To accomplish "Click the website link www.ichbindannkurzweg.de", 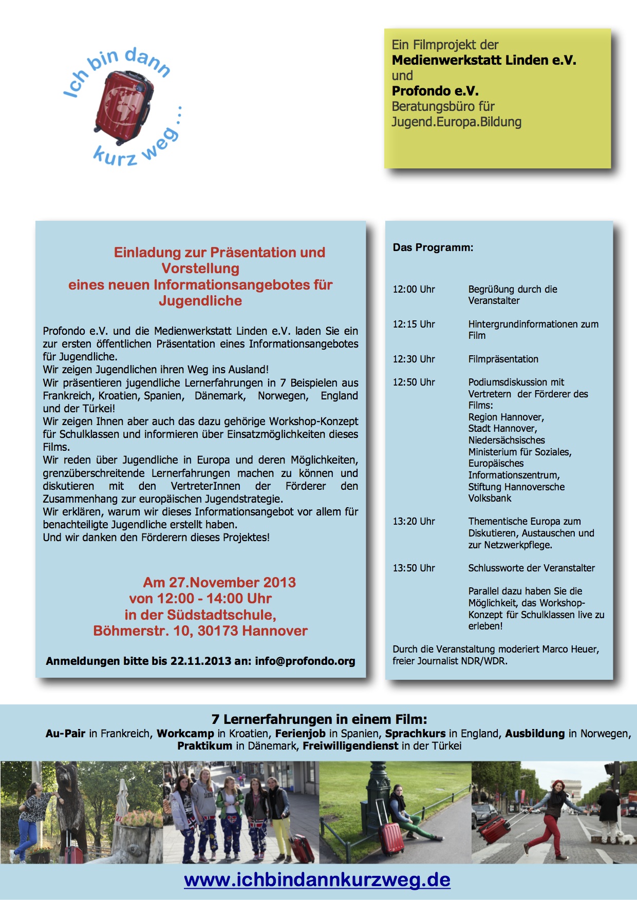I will point(317,879).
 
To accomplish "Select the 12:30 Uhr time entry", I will point(414,359).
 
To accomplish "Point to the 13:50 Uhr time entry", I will point(414,568).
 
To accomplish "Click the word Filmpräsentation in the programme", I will point(503,359).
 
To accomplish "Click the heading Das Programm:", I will point(433,247).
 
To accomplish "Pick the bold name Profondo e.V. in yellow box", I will point(435,91).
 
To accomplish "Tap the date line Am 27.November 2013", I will point(219,582).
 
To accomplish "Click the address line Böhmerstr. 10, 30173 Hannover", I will point(200,630).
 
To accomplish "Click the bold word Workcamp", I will point(185,733).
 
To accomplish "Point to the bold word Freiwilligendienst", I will point(350,745).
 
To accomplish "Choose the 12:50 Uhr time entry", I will point(414,382).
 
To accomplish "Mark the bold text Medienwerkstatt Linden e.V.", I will point(484,60).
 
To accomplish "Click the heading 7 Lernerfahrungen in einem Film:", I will point(319,719).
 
